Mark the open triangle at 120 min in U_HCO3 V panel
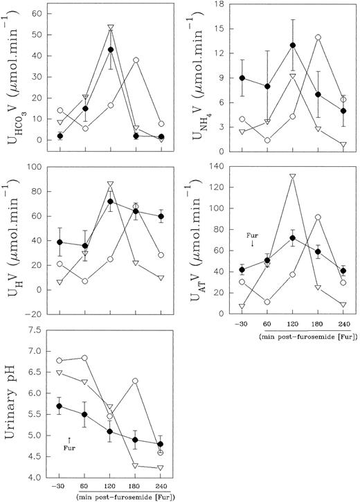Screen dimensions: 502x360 (x=111, y=28)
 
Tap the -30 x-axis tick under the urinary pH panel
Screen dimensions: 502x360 (x=59, y=487)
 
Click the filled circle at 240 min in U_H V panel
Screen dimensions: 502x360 (x=162, y=216)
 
